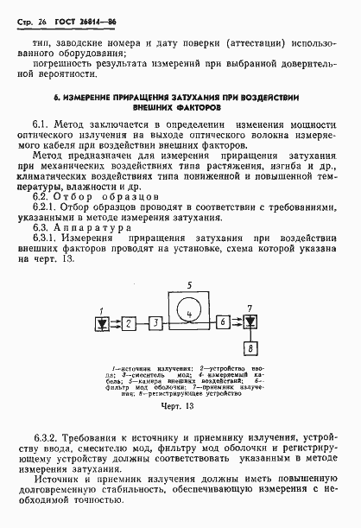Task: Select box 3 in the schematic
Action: click(x=155, y=321)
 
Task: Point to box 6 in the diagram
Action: click(x=223, y=321)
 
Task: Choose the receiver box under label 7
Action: click(x=250, y=321)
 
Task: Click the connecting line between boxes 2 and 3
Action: click(x=142, y=321)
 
